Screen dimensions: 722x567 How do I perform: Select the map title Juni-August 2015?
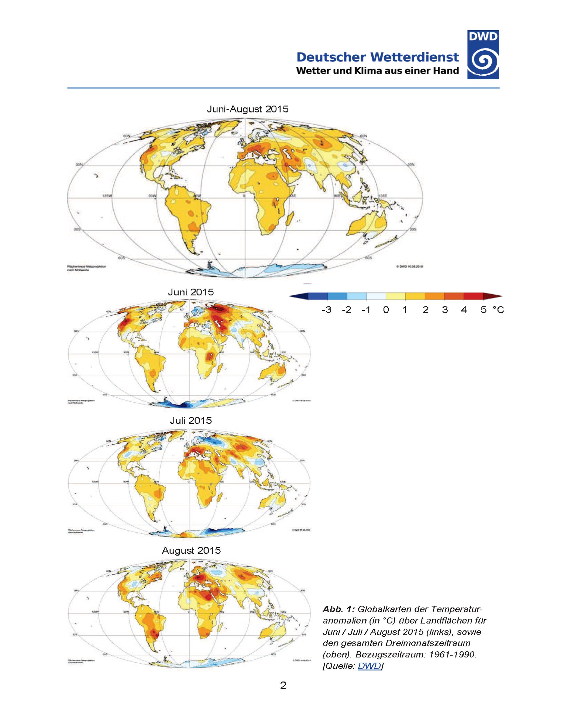[248, 109]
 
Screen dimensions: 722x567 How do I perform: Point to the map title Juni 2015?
[191, 292]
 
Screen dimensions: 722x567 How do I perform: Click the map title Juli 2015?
[191, 421]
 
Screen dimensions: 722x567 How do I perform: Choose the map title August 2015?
[191, 551]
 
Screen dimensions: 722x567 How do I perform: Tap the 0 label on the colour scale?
[386, 310]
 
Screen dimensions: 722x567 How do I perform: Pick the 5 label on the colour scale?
[484, 310]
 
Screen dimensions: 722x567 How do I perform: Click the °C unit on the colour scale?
[498, 310]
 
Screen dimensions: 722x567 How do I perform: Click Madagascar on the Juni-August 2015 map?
[289, 218]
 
